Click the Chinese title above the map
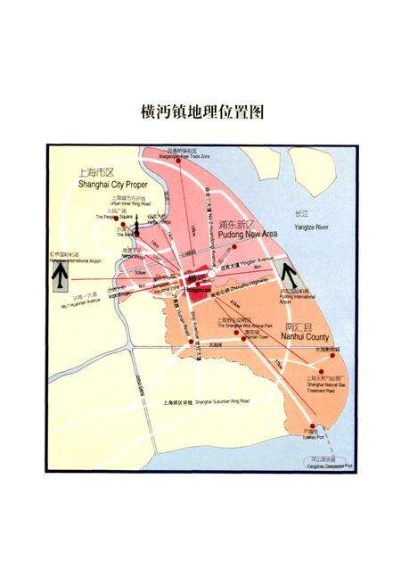(x=200, y=112)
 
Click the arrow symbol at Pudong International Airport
(x=289, y=273)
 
